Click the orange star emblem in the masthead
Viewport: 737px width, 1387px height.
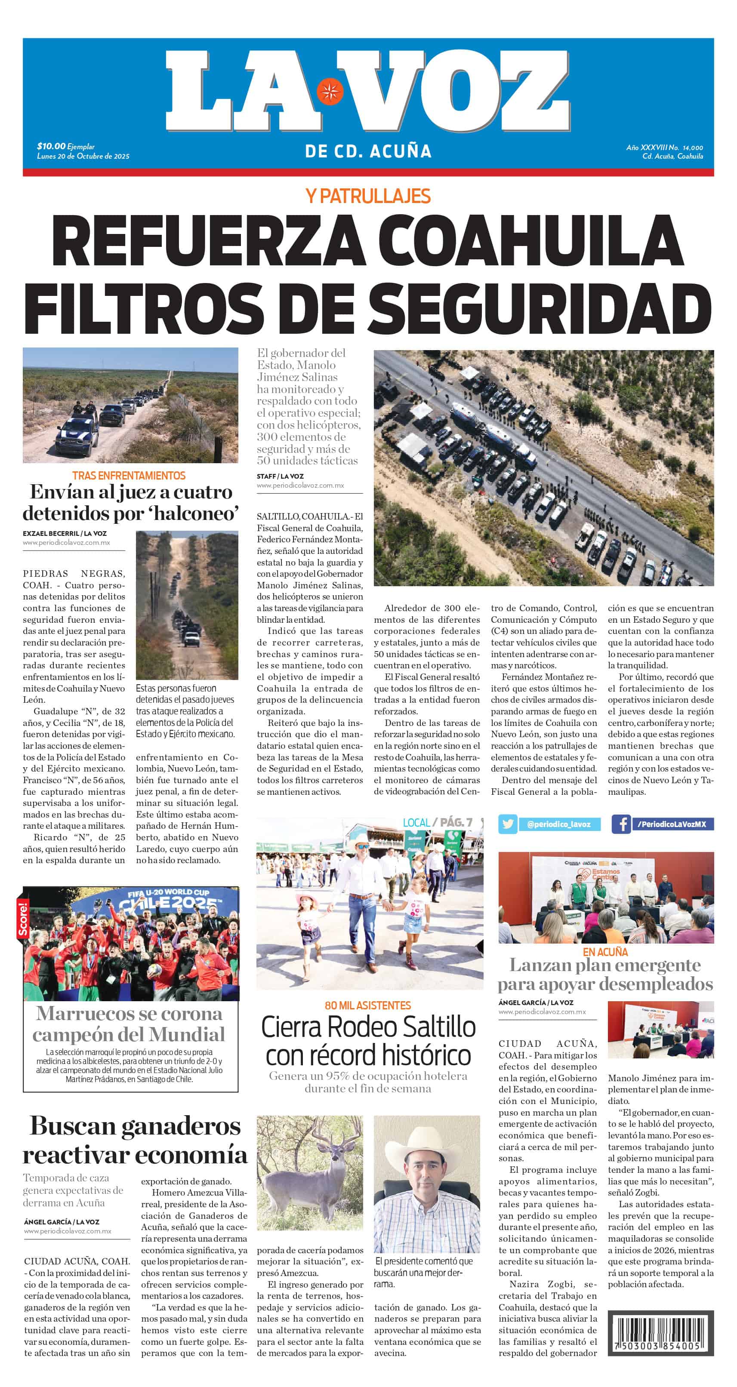[329, 92]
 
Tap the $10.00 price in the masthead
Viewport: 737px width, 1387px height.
[51, 146]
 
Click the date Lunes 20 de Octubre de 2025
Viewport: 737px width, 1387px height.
[83, 156]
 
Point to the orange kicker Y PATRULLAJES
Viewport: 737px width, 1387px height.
[368, 196]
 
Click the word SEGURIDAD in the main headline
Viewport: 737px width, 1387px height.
[540, 308]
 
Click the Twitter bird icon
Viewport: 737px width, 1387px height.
[507, 824]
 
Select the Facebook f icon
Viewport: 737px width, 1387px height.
[621, 824]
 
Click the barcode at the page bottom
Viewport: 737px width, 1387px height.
[660, 1333]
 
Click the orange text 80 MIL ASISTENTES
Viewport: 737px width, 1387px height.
[368, 1005]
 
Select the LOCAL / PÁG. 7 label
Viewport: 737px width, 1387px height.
[437, 822]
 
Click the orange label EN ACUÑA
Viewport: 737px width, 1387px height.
[605, 952]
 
